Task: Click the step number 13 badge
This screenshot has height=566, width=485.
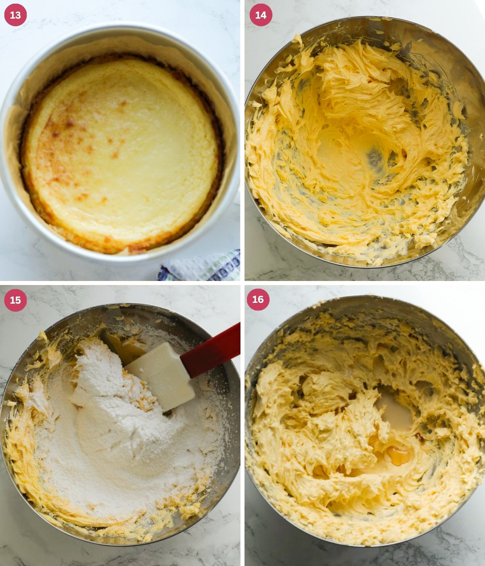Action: click(15, 15)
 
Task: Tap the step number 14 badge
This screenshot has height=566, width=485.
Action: click(261, 15)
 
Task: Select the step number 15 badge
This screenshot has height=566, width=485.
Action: click(15, 300)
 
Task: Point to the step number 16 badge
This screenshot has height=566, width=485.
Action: click(258, 299)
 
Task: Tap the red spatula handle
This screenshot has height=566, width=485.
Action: click(212, 350)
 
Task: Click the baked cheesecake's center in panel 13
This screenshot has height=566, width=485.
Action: click(121, 154)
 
